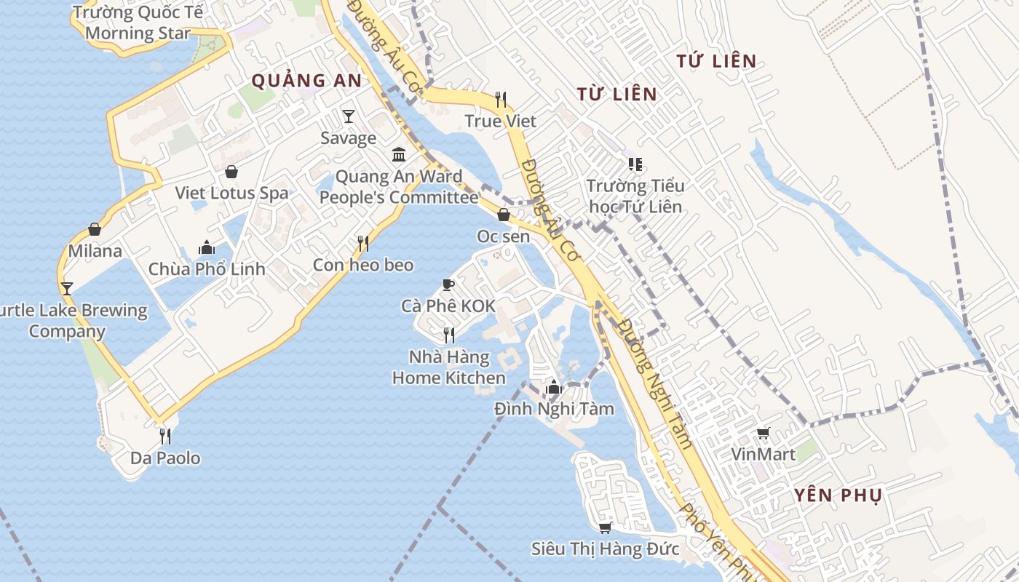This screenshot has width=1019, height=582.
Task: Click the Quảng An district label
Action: [x=306, y=81]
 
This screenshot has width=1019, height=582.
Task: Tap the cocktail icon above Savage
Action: [x=349, y=116]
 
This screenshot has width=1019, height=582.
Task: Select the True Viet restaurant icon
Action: [x=500, y=99]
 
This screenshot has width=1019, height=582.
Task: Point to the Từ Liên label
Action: [x=616, y=94]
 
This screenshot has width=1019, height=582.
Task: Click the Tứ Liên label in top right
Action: [x=716, y=61]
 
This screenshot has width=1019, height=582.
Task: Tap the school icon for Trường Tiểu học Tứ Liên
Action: [x=635, y=164]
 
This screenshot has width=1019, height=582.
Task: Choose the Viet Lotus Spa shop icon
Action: [x=231, y=172]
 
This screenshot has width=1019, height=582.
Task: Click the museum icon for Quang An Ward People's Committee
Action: [x=399, y=154]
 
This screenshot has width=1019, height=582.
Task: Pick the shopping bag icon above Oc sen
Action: [x=503, y=215]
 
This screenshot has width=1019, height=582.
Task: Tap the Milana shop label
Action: [x=95, y=251]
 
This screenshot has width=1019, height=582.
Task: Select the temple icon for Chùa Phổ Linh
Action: [x=207, y=248]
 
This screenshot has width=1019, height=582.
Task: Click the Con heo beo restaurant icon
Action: [x=362, y=243]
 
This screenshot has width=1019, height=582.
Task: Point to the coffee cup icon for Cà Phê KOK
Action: [x=448, y=284]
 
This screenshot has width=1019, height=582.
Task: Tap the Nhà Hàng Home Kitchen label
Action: [x=449, y=367]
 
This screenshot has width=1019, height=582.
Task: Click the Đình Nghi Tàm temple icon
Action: [x=554, y=387]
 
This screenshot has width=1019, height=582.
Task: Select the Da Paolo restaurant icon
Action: [x=165, y=436]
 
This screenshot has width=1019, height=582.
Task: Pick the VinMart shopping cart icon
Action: [x=763, y=433]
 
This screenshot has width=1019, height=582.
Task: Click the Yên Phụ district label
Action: [x=838, y=495]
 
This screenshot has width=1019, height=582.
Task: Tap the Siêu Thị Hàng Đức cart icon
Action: [x=605, y=527]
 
